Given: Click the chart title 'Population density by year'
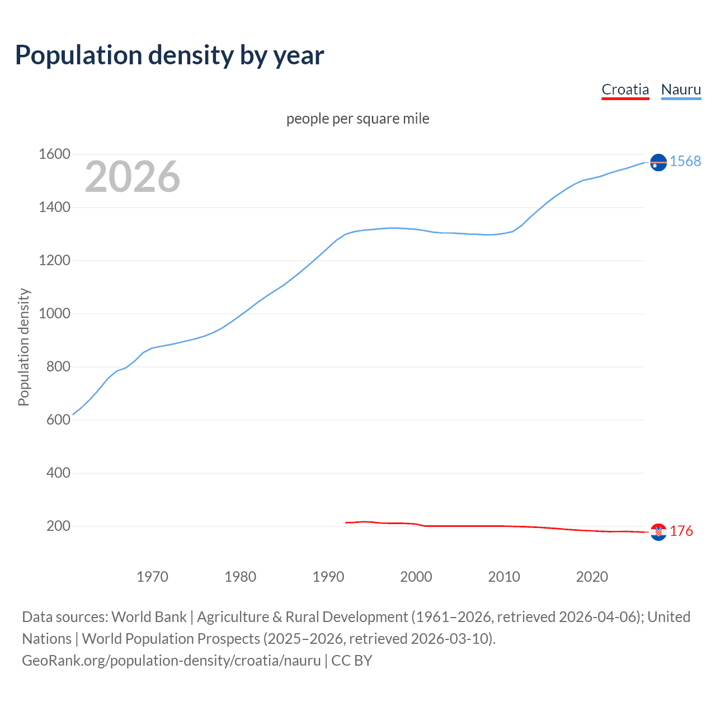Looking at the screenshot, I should click(169, 55).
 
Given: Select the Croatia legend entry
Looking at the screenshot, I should click(625, 89).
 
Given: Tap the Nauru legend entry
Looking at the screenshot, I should click(681, 89).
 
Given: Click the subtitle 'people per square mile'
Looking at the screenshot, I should click(357, 119).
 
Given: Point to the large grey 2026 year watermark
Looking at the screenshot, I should click(133, 177).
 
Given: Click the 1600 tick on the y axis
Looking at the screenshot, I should click(54, 154).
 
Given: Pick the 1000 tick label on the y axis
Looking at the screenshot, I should click(54, 313).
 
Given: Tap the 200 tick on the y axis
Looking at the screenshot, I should click(58, 526).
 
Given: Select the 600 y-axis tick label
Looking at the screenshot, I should click(58, 420).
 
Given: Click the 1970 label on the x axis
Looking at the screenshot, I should click(152, 577).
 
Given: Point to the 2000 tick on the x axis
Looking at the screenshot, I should click(416, 577).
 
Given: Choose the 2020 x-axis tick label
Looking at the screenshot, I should click(592, 577).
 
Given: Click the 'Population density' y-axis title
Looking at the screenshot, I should click(23, 347).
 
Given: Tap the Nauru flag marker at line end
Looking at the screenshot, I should click(658, 162).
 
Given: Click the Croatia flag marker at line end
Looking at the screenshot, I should click(658, 532).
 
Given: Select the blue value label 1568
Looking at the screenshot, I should click(685, 161).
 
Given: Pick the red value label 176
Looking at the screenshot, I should click(681, 531).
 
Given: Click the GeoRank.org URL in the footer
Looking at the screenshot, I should click(171, 661).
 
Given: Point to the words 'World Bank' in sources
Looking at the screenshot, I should click(149, 617).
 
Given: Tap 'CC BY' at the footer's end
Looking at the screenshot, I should click(351, 661).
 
